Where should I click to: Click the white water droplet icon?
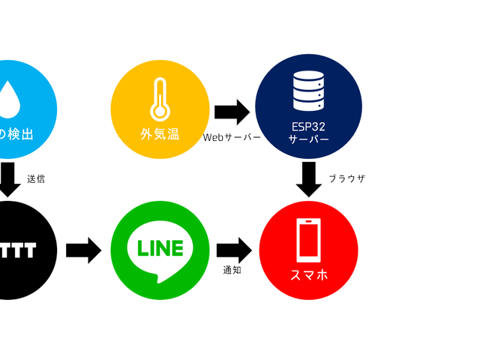[8, 99]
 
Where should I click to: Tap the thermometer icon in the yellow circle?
[159, 99]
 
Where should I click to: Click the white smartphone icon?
[308, 240]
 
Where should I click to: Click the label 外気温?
[160, 135]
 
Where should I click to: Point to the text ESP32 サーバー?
[308, 133]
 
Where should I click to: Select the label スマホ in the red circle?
[308, 275]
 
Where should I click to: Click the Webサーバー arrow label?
[232, 138]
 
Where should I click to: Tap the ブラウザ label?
[346, 178]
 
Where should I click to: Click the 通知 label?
[232, 270]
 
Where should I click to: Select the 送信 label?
[36, 178]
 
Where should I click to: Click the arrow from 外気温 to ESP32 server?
[232, 112]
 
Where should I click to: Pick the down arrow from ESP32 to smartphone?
[308, 178]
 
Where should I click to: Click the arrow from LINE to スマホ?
[234, 250]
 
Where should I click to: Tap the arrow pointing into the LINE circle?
[83, 250]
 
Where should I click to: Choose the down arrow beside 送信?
[8, 178]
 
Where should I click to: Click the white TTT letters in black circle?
[18, 250]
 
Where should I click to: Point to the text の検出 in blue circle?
[16, 135]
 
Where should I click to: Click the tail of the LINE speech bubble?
[157, 278]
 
